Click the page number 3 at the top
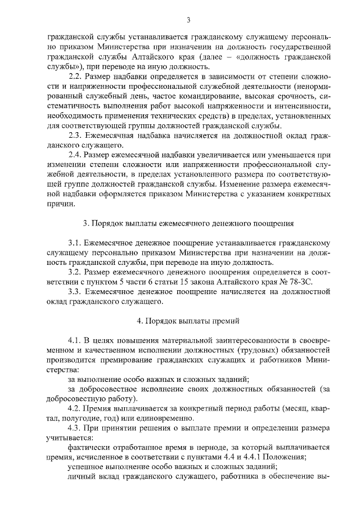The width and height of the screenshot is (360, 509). (189, 21)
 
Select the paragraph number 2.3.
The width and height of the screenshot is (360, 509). (75, 134)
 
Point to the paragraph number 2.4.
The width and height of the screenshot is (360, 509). (75, 154)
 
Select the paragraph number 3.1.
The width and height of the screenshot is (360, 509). (75, 242)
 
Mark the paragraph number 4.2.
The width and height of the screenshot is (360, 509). (75, 408)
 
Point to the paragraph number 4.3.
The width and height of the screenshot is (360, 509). (75, 427)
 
